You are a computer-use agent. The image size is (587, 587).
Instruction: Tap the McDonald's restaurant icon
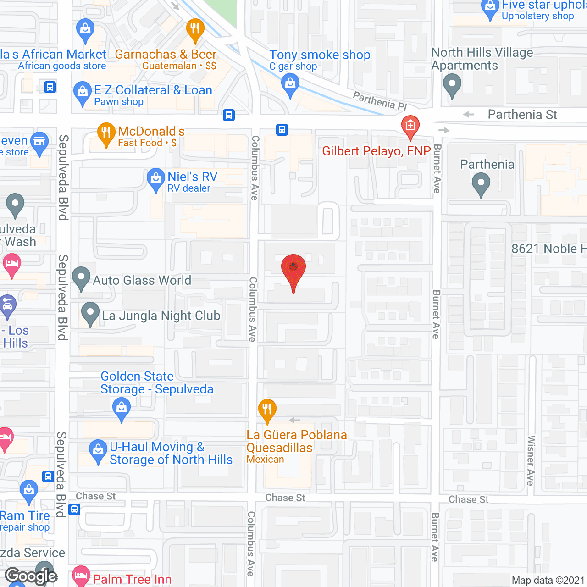click(x=106, y=133)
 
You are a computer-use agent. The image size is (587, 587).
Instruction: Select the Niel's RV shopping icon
click(x=155, y=179)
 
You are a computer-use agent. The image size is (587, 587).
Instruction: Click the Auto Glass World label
click(x=142, y=280)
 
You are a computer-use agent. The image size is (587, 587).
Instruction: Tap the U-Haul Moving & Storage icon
click(x=98, y=451)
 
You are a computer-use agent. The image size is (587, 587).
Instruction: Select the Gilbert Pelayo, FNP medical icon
click(x=410, y=126)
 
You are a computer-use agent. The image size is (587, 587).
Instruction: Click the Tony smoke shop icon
click(x=290, y=85)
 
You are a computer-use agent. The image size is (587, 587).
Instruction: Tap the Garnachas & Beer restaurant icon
click(x=195, y=29)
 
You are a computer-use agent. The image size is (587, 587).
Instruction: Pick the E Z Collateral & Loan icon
click(x=83, y=93)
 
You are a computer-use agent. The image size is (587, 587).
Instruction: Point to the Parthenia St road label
click(x=522, y=115)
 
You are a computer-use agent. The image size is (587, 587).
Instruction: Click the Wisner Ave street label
click(x=531, y=460)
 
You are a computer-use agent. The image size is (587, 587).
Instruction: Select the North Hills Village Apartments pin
click(x=452, y=85)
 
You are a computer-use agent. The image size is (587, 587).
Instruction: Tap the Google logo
click(x=31, y=576)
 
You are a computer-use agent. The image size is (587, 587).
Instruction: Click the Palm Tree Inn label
click(x=132, y=579)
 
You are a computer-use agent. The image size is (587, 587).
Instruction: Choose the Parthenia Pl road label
click(x=380, y=101)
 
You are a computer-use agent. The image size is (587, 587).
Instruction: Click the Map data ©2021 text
click(x=548, y=580)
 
